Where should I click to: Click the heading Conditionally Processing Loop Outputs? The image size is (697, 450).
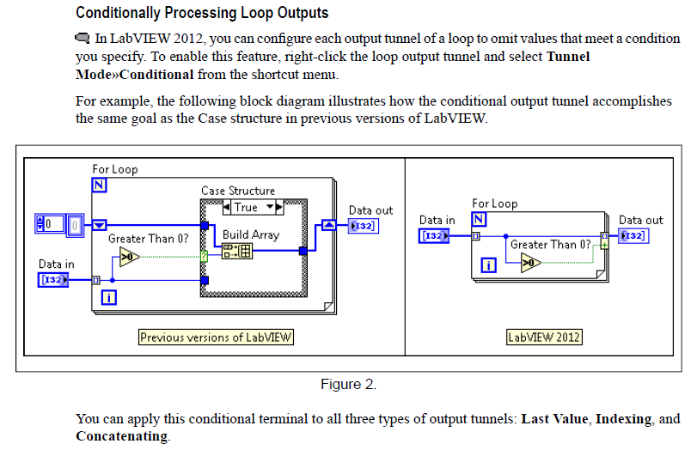202,13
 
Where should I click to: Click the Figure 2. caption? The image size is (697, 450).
348,384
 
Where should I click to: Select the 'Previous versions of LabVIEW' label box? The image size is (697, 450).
216,337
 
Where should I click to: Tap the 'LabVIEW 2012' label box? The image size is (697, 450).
544,337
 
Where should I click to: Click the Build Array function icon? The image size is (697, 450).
236,251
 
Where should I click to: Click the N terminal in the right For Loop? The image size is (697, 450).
479,219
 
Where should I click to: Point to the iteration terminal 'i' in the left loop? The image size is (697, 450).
110,298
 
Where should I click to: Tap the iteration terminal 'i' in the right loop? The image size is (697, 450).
489,265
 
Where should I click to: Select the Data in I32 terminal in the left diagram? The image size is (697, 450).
54,279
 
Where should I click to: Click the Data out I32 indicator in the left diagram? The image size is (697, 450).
362,225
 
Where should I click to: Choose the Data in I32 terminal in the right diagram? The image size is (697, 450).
434,235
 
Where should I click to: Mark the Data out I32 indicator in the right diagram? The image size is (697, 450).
633,235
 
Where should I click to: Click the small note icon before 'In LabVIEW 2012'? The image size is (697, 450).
83,39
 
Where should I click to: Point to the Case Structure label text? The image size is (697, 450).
238,191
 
